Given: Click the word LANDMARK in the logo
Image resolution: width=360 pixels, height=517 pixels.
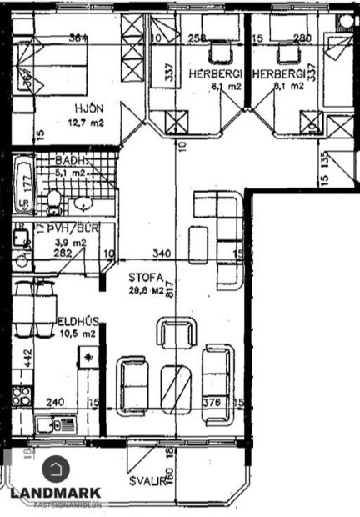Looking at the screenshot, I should [55, 493].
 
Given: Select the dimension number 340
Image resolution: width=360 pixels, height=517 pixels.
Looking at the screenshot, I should [163, 254].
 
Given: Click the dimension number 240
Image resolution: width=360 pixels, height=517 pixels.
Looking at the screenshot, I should [55, 401].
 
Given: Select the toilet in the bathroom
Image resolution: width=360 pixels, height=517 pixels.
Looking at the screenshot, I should [53, 201].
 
